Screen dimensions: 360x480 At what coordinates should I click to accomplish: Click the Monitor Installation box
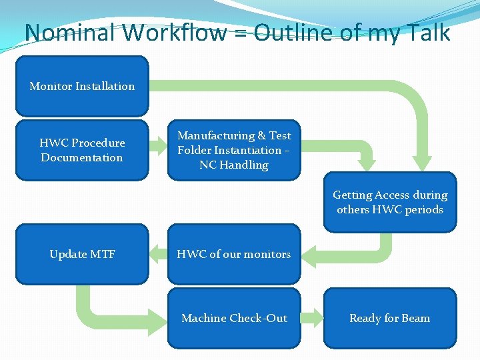[81, 86]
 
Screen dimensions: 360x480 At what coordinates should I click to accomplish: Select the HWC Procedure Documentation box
[81, 150]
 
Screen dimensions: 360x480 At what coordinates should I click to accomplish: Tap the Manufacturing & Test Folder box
[233, 150]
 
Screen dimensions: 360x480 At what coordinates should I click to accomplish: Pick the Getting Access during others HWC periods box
[390, 202]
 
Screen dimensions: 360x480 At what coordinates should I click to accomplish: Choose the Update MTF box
[81, 254]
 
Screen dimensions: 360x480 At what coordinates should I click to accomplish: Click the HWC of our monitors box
[233, 254]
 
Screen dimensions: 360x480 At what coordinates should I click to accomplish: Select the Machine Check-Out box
[233, 318]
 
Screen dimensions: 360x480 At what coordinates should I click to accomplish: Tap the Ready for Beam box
[390, 318]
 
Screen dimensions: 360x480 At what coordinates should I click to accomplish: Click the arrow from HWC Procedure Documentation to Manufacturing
[157, 143]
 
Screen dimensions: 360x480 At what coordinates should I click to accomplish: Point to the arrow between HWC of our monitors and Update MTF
[157, 253]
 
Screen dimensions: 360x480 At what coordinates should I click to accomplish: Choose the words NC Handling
[233, 165]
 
